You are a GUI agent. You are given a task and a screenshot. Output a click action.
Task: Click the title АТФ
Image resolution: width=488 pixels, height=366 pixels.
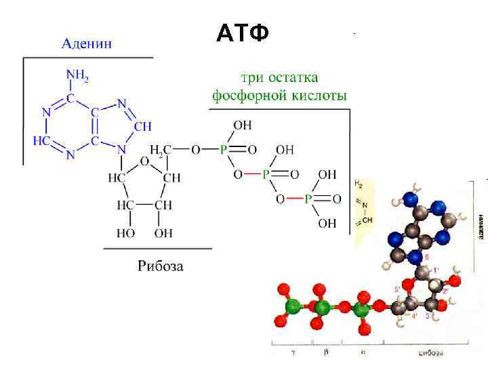point(243,33)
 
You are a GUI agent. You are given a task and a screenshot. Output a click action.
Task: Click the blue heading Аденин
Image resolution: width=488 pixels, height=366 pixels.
point(87,44)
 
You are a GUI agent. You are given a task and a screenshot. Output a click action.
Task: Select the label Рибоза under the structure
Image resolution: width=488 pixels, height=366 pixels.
point(161,265)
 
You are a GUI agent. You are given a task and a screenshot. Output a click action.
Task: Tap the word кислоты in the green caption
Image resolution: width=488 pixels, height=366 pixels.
point(317,95)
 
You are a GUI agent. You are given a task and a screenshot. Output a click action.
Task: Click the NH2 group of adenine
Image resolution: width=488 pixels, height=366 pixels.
point(76,75)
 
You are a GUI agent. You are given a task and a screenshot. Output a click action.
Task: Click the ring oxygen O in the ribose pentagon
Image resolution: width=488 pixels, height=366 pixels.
point(144,161)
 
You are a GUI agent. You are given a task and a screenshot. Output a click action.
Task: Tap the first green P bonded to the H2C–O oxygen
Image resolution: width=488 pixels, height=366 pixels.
point(224,150)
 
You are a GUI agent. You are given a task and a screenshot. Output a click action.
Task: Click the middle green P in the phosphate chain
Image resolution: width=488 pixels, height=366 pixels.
point(266,174)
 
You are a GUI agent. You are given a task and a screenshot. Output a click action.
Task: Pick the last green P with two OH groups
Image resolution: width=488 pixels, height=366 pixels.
point(308,199)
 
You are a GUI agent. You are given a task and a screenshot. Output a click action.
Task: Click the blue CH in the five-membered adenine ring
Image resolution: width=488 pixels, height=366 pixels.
point(142,126)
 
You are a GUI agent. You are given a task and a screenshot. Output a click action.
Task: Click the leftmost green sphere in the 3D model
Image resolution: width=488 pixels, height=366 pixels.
point(292,307)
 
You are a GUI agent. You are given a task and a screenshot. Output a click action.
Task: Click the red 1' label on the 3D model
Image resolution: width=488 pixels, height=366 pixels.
point(436,270)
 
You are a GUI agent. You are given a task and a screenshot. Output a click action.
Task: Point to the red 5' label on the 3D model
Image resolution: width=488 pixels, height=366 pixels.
point(398,289)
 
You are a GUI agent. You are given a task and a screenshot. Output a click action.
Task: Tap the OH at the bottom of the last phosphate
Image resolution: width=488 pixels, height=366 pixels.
point(327,223)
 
